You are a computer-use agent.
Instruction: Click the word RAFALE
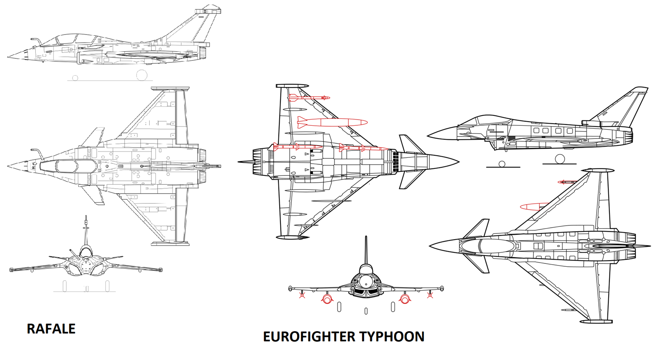[51, 329]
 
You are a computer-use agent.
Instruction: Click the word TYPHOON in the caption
[392, 337]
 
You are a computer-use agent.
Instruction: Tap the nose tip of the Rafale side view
[8, 57]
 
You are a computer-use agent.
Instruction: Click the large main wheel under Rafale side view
[142, 75]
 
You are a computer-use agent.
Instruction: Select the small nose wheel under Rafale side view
[75, 78]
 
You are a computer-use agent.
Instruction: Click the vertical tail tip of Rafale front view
[86, 217]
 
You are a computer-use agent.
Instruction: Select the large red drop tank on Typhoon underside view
[332, 122]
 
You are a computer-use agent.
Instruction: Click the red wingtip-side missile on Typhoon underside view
[309, 97]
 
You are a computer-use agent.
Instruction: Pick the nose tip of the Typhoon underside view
[459, 162]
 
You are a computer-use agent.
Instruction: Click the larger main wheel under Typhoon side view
[560, 159]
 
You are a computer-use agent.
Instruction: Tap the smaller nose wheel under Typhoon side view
[502, 164]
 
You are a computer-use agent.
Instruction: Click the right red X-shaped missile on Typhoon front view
[430, 295]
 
